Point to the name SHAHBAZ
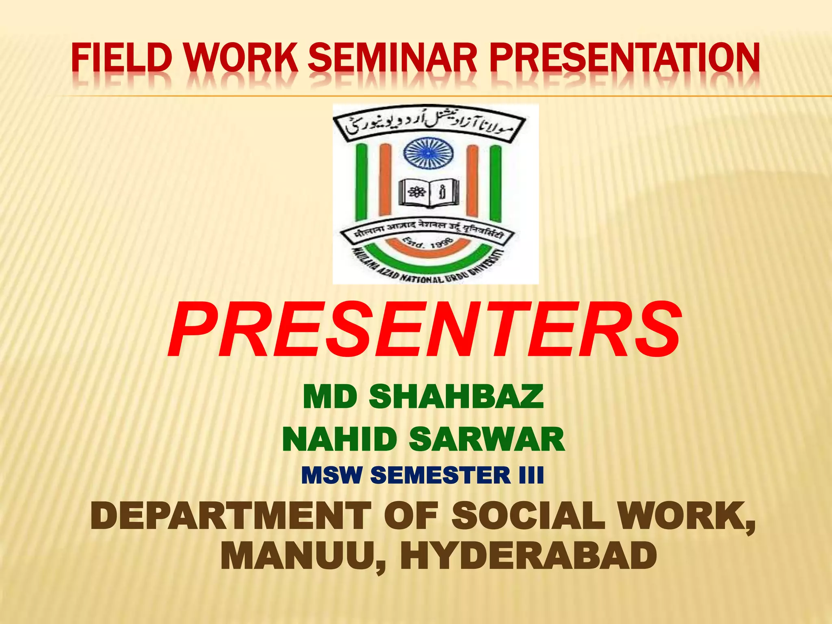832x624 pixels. (x=456, y=397)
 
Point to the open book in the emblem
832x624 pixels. (x=429, y=192)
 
